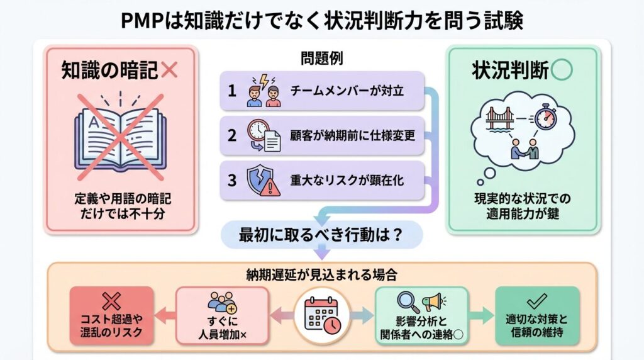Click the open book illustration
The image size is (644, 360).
(119, 135)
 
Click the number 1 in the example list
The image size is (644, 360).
(232, 91)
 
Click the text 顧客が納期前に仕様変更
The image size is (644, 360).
(352, 135)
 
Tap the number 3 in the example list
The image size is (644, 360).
(232, 181)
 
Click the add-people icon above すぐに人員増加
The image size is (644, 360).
(221, 301)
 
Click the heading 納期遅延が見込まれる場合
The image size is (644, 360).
(321, 275)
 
